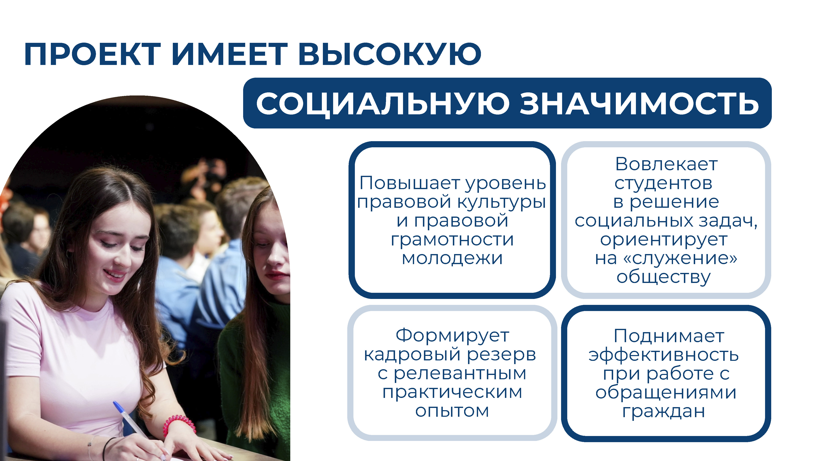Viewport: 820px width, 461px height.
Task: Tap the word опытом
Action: pyautogui.click(x=452, y=411)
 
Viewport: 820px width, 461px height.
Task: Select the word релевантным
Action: pyautogui.click(x=460, y=374)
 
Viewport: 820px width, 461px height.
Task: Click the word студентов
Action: pyautogui.click(x=663, y=183)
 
